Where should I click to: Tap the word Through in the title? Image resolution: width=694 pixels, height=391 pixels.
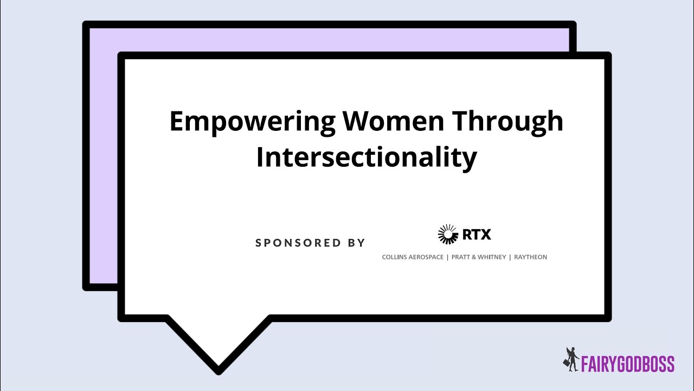click(508, 122)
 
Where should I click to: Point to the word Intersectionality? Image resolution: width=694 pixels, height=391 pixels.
click(367, 157)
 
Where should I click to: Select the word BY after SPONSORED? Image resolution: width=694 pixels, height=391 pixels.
click(356, 243)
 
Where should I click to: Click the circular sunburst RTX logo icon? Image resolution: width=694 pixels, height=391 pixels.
click(448, 235)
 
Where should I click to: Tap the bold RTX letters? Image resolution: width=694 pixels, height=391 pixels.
click(477, 235)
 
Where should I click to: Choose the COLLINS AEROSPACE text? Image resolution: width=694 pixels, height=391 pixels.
click(413, 257)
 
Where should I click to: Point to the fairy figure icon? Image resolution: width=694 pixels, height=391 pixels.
click(570, 360)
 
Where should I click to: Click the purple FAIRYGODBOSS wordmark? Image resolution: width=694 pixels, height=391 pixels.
click(628, 363)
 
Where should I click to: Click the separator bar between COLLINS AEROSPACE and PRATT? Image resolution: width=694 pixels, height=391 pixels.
click(447, 257)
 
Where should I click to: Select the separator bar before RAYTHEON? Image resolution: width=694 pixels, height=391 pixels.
click(510, 257)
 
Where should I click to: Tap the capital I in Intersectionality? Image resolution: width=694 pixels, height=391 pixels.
click(260, 156)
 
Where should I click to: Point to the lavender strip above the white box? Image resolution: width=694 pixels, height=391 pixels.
click(325, 40)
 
